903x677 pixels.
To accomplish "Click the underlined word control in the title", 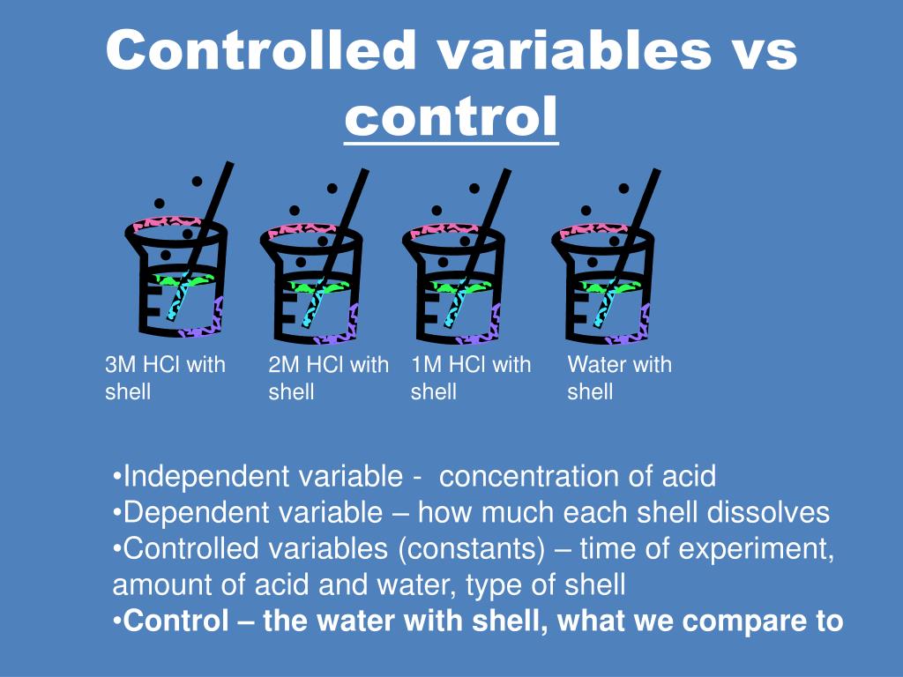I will click(x=451, y=117).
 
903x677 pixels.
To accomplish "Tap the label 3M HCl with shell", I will click(x=165, y=377).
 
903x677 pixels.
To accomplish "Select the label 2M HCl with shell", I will click(x=328, y=377).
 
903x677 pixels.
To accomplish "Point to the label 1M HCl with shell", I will click(x=471, y=377).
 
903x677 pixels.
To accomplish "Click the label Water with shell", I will click(x=619, y=377).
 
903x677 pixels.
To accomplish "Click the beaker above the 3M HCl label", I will click(x=181, y=278).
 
